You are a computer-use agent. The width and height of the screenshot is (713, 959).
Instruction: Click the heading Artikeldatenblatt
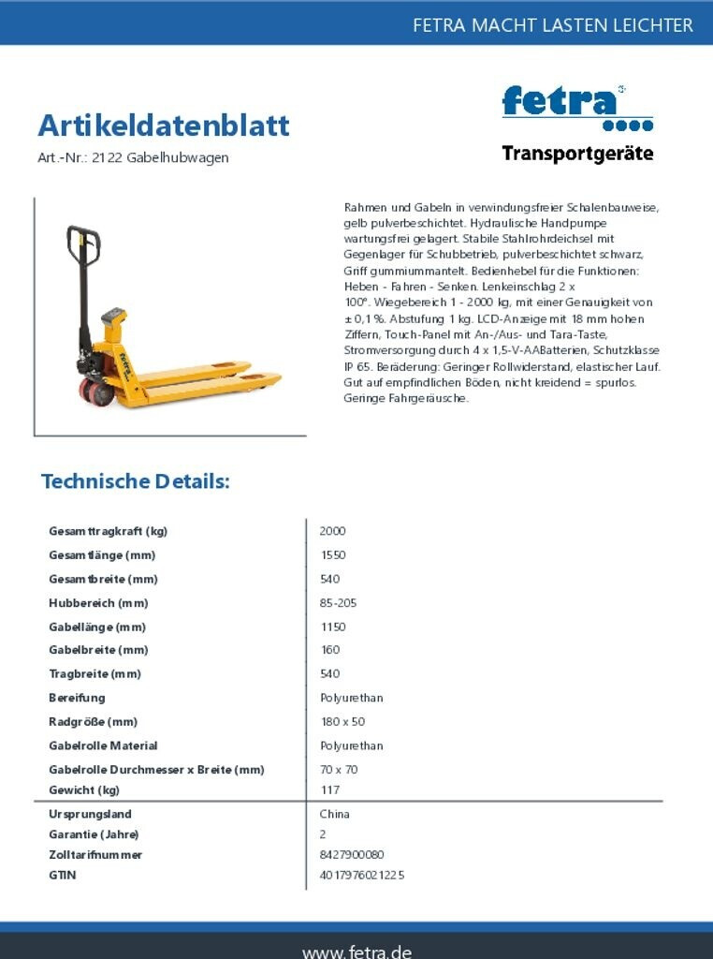coord(164,125)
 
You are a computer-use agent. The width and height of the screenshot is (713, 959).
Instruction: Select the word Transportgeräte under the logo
coord(577,154)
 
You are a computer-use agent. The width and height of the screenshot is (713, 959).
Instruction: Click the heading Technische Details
coord(135,481)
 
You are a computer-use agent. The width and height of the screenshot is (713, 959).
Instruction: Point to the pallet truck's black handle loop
coord(82,245)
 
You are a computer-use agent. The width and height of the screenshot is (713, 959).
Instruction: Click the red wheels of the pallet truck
coord(96,391)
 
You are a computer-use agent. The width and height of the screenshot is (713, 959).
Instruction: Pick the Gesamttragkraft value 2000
coord(332,531)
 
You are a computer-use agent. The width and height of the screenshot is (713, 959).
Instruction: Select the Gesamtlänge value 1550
coord(332,555)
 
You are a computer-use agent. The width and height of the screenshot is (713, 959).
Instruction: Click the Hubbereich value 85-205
coord(338,603)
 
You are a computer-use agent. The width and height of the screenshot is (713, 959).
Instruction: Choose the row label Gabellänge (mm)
coord(97,627)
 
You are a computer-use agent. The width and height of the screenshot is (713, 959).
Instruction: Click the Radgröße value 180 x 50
coord(342,722)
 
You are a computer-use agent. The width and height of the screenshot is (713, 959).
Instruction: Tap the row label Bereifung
coord(77,698)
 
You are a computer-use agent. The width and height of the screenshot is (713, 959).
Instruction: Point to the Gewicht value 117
coord(329,790)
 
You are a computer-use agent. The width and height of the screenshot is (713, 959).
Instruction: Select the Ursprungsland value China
coord(334,814)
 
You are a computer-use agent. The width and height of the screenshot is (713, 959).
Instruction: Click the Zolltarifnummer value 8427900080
coord(352,855)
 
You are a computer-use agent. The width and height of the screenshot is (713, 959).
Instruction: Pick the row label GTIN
coord(63,876)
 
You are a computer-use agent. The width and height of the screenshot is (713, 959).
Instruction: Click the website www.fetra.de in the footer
coord(356,951)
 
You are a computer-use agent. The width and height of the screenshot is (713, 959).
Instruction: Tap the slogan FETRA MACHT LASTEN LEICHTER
coord(553,25)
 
